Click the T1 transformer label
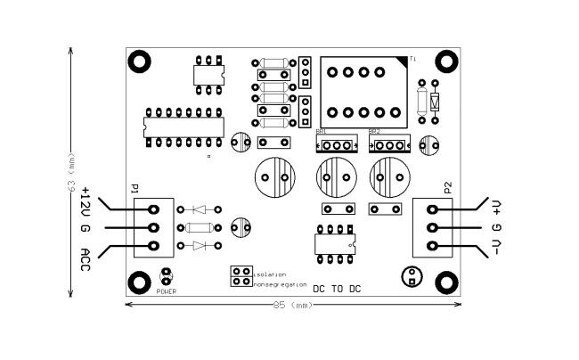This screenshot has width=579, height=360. click(412, 59)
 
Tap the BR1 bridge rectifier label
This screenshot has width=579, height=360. click(322, 132)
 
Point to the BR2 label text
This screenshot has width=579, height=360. click(374, 132)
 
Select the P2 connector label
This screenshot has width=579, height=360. click(447, 187)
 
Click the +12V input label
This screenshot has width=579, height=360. click(86, 203)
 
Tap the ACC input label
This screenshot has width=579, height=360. click(86, 260)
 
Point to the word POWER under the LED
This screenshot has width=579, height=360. click(167, 291)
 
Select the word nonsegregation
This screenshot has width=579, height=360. click(279, 284)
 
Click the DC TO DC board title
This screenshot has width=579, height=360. click(337, 289)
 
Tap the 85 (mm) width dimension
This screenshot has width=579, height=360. click(293, 306)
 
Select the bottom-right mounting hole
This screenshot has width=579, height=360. click(445, 283)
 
